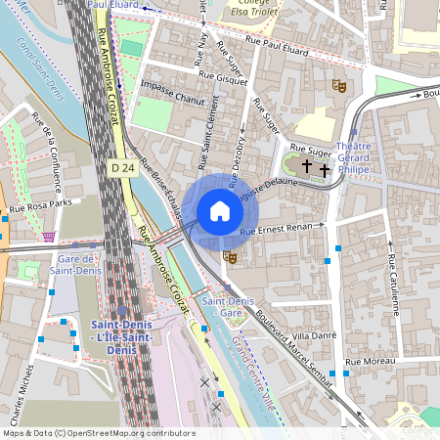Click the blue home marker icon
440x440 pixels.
220,210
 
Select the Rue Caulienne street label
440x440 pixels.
394,286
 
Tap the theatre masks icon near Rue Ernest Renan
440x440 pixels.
231,256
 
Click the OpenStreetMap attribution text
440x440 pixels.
98,433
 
